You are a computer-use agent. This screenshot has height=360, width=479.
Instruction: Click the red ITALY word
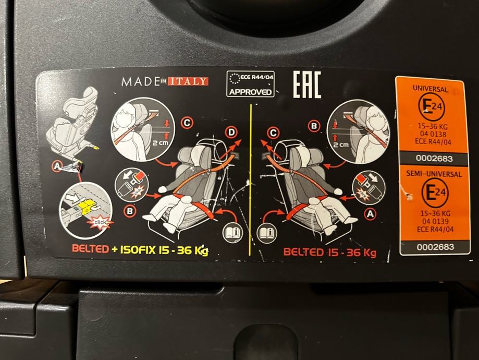188,81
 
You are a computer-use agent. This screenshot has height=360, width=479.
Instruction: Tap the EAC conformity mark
306,85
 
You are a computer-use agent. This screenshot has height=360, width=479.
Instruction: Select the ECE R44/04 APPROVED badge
250,84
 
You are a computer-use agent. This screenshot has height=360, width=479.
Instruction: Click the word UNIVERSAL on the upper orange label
431,89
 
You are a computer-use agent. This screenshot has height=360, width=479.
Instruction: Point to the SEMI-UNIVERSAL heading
434,174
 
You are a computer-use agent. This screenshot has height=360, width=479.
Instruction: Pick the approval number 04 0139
435,221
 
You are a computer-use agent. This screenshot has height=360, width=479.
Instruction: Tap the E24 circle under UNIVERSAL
431,107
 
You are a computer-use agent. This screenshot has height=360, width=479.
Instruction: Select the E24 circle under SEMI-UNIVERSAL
435,193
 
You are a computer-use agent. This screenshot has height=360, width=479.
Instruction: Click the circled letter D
231,133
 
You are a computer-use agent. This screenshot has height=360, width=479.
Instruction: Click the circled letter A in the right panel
370,214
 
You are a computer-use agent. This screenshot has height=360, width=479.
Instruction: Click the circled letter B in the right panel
314,126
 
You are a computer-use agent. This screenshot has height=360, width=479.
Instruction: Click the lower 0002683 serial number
435,247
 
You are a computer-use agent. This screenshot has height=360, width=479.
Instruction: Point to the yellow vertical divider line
250,180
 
